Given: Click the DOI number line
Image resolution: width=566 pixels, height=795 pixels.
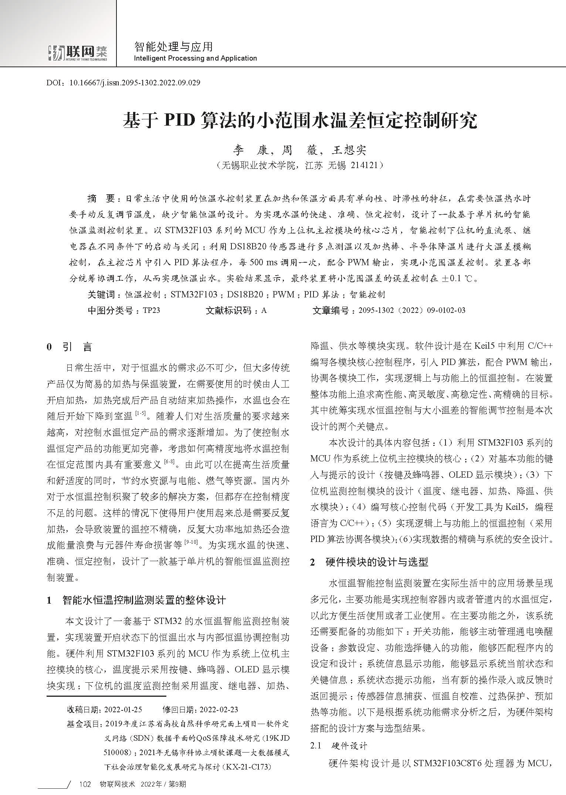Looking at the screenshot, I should coord(123,83).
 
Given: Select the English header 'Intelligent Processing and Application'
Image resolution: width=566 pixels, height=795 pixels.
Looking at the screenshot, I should coord(195,58).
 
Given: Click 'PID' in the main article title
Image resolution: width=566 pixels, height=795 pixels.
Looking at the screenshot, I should coord(179,120).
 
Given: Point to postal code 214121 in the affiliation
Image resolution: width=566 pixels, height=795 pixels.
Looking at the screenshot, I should coord(364,165).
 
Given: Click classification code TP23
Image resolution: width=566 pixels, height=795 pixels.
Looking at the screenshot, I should coord(151,310).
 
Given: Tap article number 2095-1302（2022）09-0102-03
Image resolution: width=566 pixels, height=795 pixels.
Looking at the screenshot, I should coord(411,310).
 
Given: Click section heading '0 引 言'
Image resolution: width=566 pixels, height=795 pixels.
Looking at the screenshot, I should coord(69,347).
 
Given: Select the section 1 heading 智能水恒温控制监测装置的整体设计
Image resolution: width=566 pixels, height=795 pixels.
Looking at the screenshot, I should coord(144,600).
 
